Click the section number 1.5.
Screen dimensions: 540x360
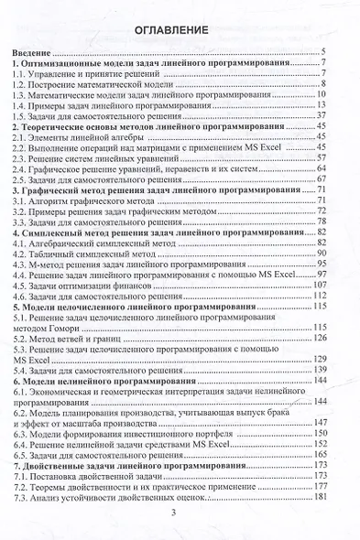(26, 116)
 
